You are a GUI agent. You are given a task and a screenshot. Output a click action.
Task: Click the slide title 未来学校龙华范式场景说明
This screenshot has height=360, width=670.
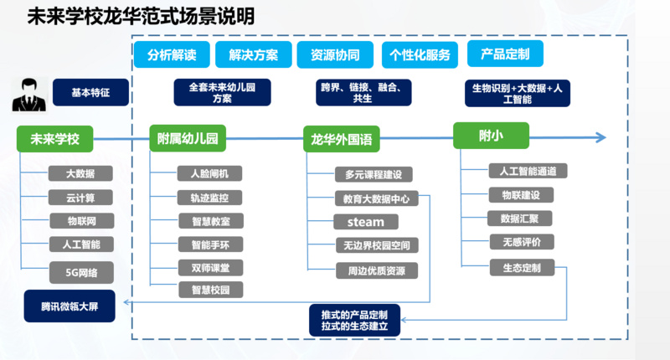point(141,17)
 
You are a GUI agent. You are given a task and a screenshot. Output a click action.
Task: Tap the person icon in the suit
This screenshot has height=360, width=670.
point(28,94)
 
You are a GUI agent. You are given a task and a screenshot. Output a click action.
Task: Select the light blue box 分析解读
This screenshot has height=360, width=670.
point(172,55)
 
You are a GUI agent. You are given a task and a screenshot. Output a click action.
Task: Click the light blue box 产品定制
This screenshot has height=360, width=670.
point(505,54)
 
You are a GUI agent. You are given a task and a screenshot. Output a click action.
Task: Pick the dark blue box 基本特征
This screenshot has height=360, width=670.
point(91,92)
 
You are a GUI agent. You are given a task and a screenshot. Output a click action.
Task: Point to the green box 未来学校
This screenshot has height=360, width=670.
point(54,139)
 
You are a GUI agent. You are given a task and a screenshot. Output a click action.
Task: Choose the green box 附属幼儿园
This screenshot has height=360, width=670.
point(188,139)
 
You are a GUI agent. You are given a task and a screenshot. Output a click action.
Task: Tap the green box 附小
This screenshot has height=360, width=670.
point(492,136)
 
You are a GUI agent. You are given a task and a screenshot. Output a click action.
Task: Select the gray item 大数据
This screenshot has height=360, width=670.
point(80,174)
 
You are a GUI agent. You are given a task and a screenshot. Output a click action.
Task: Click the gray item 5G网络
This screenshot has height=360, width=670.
point(80,273)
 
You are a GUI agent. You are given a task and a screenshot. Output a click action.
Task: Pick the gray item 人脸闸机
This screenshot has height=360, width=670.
point(210,174)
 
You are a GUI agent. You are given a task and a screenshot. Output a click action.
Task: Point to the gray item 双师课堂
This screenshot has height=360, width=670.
point(210,268)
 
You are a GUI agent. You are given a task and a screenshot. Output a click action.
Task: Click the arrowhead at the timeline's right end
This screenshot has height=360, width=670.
point(599,137)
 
